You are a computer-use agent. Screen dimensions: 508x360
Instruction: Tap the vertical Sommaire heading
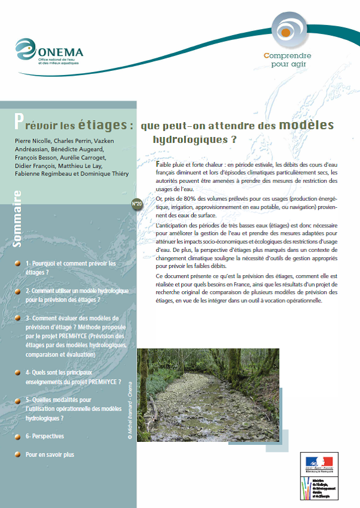[17, 219]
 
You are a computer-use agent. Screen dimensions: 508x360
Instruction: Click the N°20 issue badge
[136, 204]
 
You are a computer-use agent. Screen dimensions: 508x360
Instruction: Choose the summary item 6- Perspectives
[45, 437]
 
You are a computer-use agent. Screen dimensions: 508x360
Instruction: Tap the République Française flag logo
[321, 463]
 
